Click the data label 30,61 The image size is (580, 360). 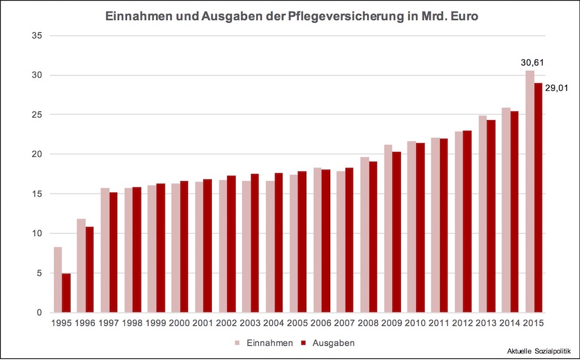coord(532,62)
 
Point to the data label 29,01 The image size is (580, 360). coord(556,88)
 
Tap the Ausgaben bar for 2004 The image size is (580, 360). coord(278,243)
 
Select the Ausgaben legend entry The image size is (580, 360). coord(334,343)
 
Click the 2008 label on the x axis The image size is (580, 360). coord(369,324)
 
